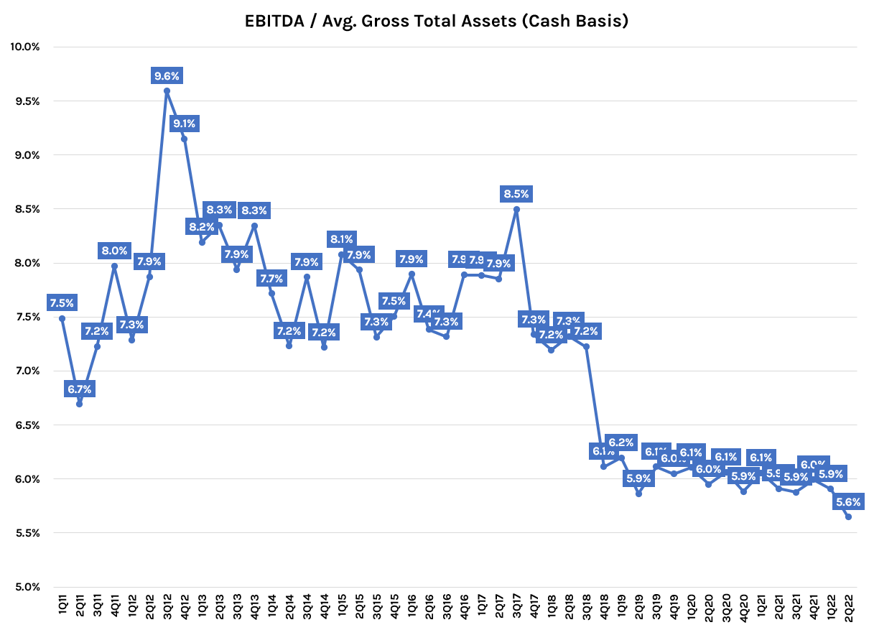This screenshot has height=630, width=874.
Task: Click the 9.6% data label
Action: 167,75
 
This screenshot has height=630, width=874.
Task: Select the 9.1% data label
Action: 185,124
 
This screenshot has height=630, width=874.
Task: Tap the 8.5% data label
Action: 516,193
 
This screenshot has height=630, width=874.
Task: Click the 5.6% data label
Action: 848,501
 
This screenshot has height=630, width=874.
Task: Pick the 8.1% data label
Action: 341,239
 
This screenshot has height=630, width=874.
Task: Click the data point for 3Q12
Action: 167,91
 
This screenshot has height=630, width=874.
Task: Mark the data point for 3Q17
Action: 516,209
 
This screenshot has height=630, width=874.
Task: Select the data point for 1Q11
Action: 62,318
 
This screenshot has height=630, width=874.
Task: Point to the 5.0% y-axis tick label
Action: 27,587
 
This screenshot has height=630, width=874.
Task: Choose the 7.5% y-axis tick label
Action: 27,317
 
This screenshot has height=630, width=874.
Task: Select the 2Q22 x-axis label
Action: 849,607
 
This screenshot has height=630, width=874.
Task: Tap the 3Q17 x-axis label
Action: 516,607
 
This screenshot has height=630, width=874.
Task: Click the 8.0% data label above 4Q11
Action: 114,251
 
